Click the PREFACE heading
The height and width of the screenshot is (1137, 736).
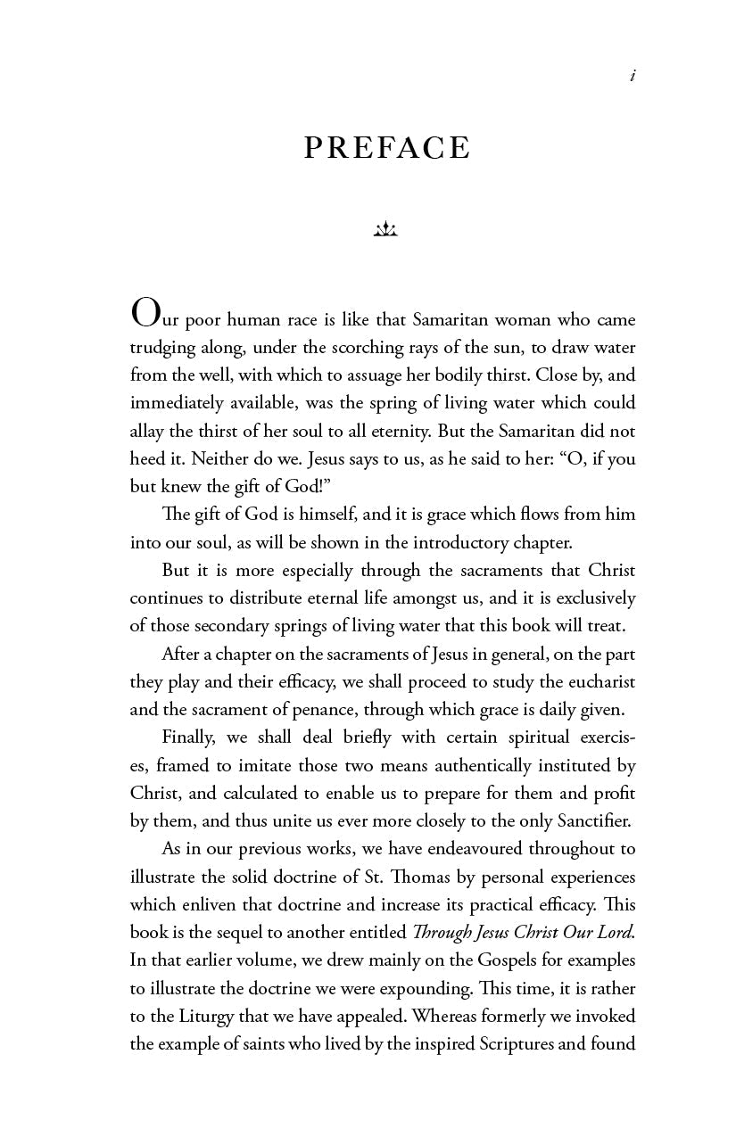[x=386, y=148]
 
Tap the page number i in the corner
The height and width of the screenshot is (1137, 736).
[x=633, y=77]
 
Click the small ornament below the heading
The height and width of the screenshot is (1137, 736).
[x=385, y=230]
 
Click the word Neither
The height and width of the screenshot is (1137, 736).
[x=197, y=458]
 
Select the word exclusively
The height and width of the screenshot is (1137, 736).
[x=593, y=597]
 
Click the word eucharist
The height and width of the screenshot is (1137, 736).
[x=598, y=682]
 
